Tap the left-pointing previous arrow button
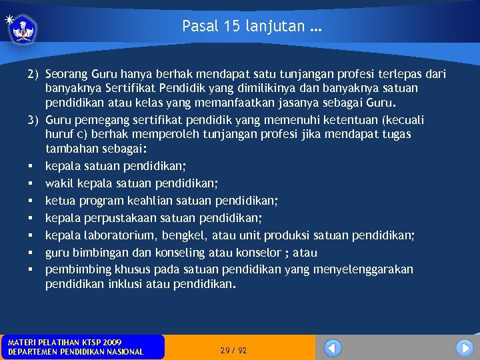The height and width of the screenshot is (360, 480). (x=333, y=348)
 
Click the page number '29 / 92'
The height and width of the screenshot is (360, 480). (x=233, y=350)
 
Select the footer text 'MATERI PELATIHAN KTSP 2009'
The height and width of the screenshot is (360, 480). (x=65, y=342)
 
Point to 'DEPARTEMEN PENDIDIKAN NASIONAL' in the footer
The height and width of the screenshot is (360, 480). (x=75, y=352)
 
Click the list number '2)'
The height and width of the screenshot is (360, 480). (x=33, y=74)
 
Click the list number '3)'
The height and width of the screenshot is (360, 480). (x=33, y=120)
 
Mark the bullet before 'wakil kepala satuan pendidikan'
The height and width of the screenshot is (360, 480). (x=32, y=183)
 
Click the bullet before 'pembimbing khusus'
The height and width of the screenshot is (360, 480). (x=32, y=270)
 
